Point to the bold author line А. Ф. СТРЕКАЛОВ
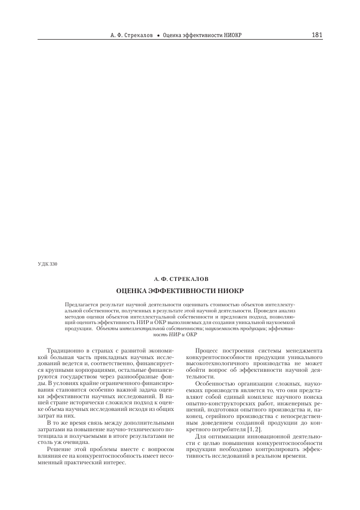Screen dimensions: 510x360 click(x=180, y=279)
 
